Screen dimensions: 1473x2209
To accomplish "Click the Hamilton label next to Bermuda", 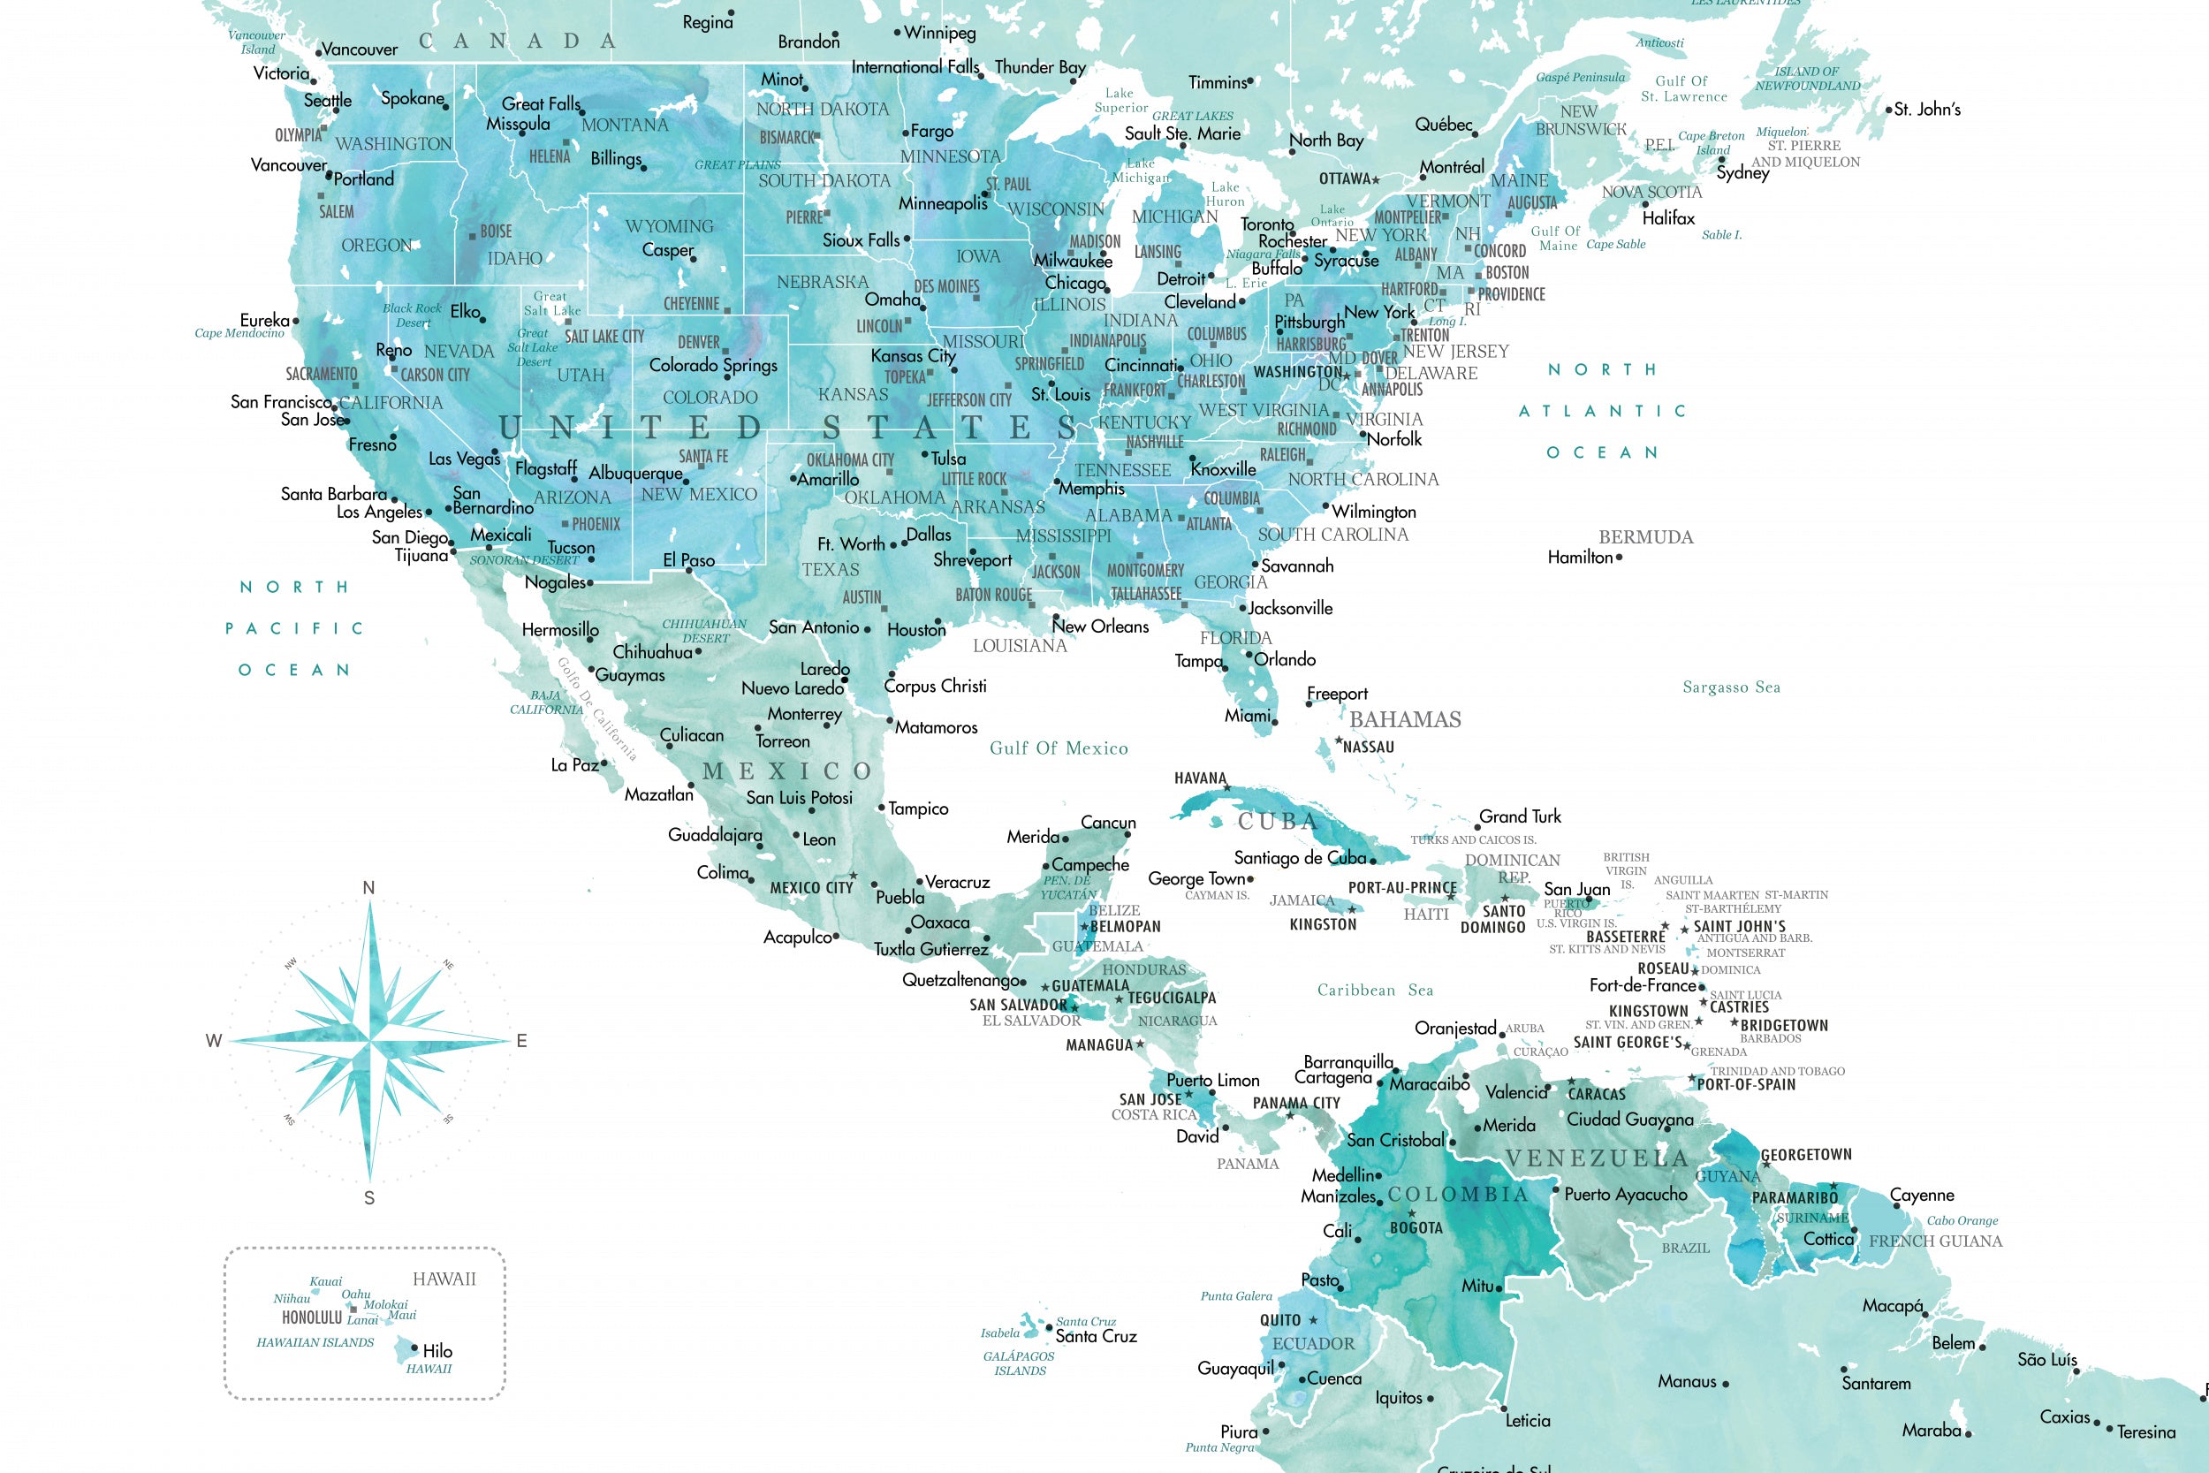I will [x=1580, y=557].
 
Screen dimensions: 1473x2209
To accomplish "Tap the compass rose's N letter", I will [x=369, y=888].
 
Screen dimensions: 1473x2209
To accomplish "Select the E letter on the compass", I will [x=522, y=1041].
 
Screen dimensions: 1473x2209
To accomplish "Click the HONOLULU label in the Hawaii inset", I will [x=312, y=1317].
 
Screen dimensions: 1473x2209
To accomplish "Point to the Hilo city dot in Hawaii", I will [x=414, y=1349].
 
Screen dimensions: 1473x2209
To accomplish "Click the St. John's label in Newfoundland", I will [x=1927, y=109].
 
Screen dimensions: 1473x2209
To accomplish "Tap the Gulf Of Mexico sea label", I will [x=1059, y=748].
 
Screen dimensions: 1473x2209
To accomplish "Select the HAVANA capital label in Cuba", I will [x=1200, y=778].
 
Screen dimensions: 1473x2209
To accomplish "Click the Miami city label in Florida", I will [x=1248, y=716].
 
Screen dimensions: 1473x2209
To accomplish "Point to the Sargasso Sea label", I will [x=1731, y=687].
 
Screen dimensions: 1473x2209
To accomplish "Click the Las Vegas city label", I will [x=464, y=459].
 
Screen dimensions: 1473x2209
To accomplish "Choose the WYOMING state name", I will [x=669, y=226].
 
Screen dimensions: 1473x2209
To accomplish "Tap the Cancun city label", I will [x=1108, y=822].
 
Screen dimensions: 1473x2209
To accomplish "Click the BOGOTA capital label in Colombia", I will [x=1416, y=1228].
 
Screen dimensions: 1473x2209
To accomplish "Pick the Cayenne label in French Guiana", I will [x=1922, y=1195].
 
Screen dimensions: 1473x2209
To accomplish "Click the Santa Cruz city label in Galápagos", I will [x=1096, y=1336].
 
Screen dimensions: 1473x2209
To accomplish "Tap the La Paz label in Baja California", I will [x=573, y=764].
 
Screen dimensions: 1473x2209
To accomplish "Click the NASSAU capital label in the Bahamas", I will [x=1369, y=747].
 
